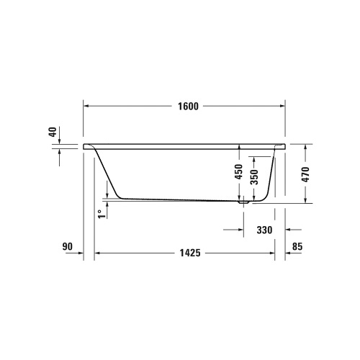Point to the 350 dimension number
[x=254, y=178]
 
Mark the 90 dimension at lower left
[x=68, y=247]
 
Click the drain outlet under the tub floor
[x=243, y=204]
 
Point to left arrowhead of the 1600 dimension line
[x=89, y=105]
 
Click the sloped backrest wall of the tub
[x=109, y=173]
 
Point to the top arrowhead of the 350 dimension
[x=254, y=155]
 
